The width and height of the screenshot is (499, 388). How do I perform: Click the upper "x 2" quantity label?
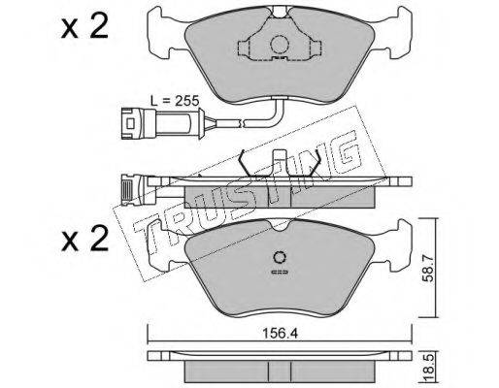pyautogui.click(x=84, y=27)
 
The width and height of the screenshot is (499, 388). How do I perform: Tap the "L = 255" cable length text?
pyautogui.click(x=175, y=101)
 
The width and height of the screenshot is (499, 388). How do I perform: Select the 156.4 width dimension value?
pyautogui.click(x=280, y=334)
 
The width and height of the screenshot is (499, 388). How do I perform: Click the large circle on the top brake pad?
pyautogui.click(x=280, y=45)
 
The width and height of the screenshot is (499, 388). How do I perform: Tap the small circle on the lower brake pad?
pyautogui.click(x=280, y=258)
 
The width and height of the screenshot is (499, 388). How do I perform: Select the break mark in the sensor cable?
pyautogui.click(x=241, y=123)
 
